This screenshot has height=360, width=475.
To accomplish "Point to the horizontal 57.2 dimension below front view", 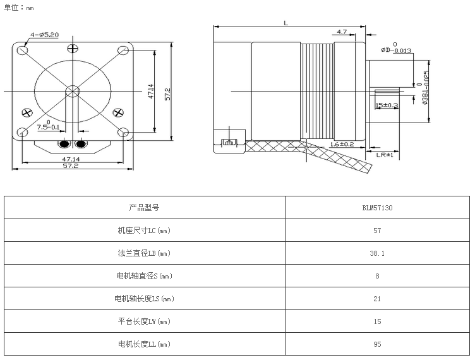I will [x=70, y=166].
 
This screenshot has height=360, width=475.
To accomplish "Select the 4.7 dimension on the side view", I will [x=342, y=32].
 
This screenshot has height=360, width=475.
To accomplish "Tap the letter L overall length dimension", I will [x=286, y=23].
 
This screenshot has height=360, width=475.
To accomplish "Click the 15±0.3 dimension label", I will [x=387, y=105].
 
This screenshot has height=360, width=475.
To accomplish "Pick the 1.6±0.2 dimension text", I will [x=342, y=144].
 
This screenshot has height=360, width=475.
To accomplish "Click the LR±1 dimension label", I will [x=385, y=155].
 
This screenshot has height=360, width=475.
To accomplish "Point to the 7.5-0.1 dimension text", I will [x=48, y=127].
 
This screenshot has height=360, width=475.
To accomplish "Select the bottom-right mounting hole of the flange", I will [x=123, y=133].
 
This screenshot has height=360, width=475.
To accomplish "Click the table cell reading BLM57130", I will [x=377, y=207].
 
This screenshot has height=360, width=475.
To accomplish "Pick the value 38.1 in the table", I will [x=377, y=253].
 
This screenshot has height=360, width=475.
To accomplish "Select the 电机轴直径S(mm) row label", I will [x=144, y=275].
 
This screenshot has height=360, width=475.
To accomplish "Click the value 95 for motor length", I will [x=377, y=344].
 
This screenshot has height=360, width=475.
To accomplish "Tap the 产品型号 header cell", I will [x=144, y=207].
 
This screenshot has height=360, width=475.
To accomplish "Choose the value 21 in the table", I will [x=377, y=299].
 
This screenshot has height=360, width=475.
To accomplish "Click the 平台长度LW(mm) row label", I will [x=144, y=321].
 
